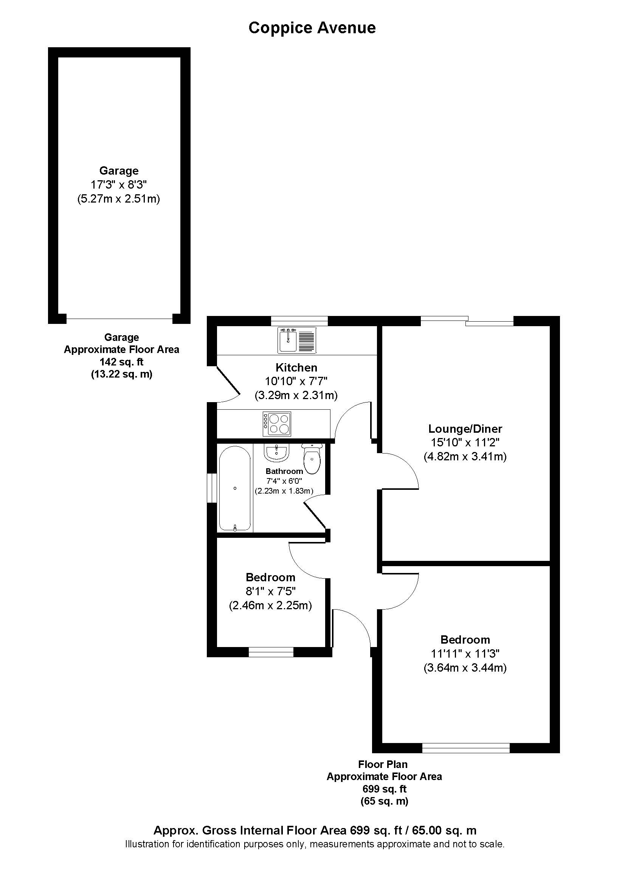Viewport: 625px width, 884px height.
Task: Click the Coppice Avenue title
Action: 312,28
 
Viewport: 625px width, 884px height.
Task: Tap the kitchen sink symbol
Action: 297,341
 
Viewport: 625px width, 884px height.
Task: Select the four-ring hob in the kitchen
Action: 277,424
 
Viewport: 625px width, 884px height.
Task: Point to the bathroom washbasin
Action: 276,453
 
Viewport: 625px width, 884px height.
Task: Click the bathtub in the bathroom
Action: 235,488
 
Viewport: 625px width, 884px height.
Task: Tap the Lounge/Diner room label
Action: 465,429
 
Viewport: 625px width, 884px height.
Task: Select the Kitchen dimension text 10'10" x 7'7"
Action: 296,381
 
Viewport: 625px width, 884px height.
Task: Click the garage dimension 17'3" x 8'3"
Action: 119,185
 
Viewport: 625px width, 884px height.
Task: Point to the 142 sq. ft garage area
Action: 121,362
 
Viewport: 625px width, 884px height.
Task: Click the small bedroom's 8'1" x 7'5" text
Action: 270,591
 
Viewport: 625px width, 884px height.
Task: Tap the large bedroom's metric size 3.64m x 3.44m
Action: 465,667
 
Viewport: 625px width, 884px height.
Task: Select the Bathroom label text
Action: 284,471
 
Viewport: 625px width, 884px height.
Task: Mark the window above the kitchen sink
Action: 299,321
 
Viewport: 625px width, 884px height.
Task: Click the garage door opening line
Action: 119,319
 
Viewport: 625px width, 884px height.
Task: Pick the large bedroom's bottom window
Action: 466,748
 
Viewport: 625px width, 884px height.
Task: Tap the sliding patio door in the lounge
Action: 467,321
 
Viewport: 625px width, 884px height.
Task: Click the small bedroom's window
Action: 271,652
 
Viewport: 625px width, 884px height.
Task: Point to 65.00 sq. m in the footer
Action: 444,830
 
